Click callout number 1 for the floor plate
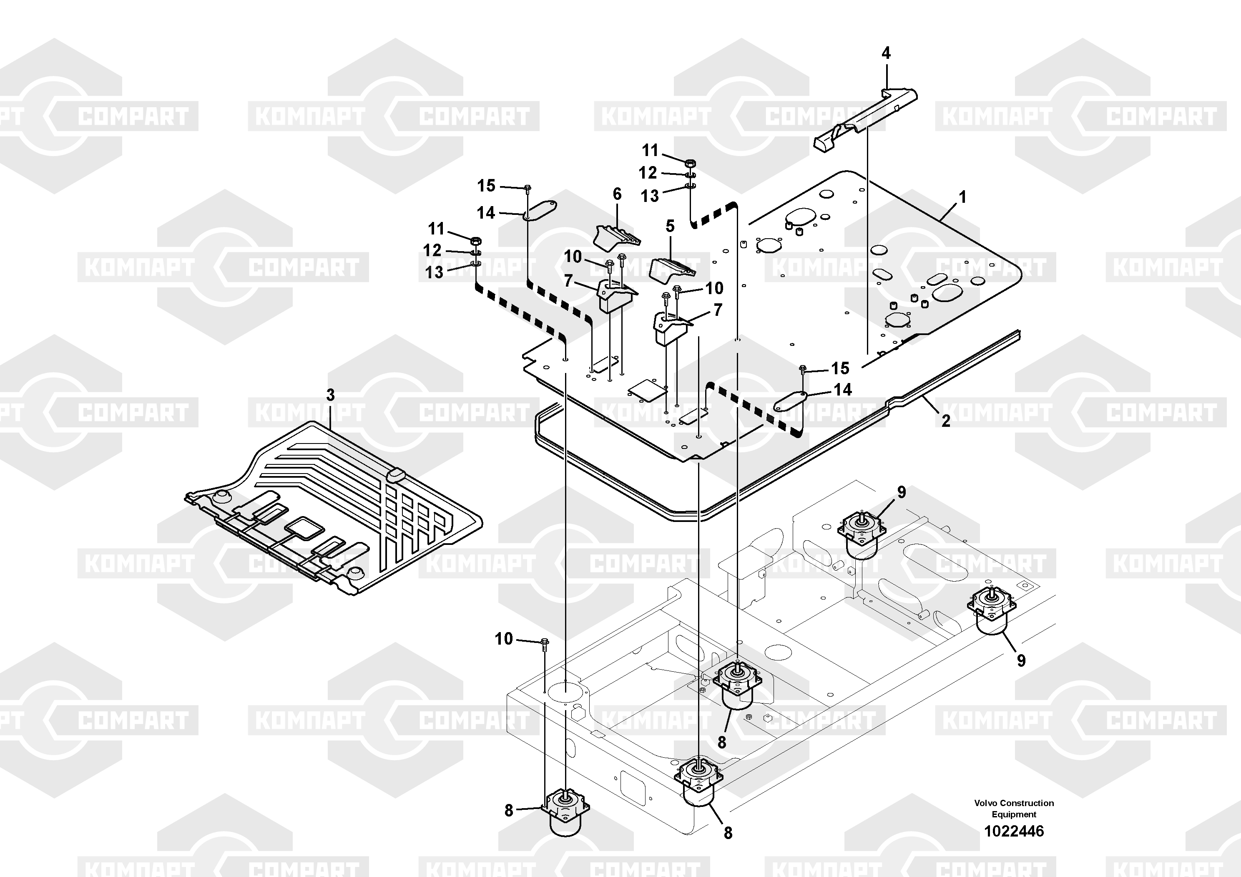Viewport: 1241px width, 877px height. (962, 197)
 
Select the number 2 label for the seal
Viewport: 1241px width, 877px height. (945, 421)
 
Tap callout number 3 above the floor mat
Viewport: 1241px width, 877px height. (330, 395)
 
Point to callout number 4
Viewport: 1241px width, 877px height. (886, 53)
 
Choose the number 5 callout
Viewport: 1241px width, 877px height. (670, 226)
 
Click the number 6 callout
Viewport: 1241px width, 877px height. (617, 194)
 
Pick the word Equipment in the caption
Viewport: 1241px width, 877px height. (1014, 814)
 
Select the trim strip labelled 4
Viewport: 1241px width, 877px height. (865, 119)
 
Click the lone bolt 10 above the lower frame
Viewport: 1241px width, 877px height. (544, 643)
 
